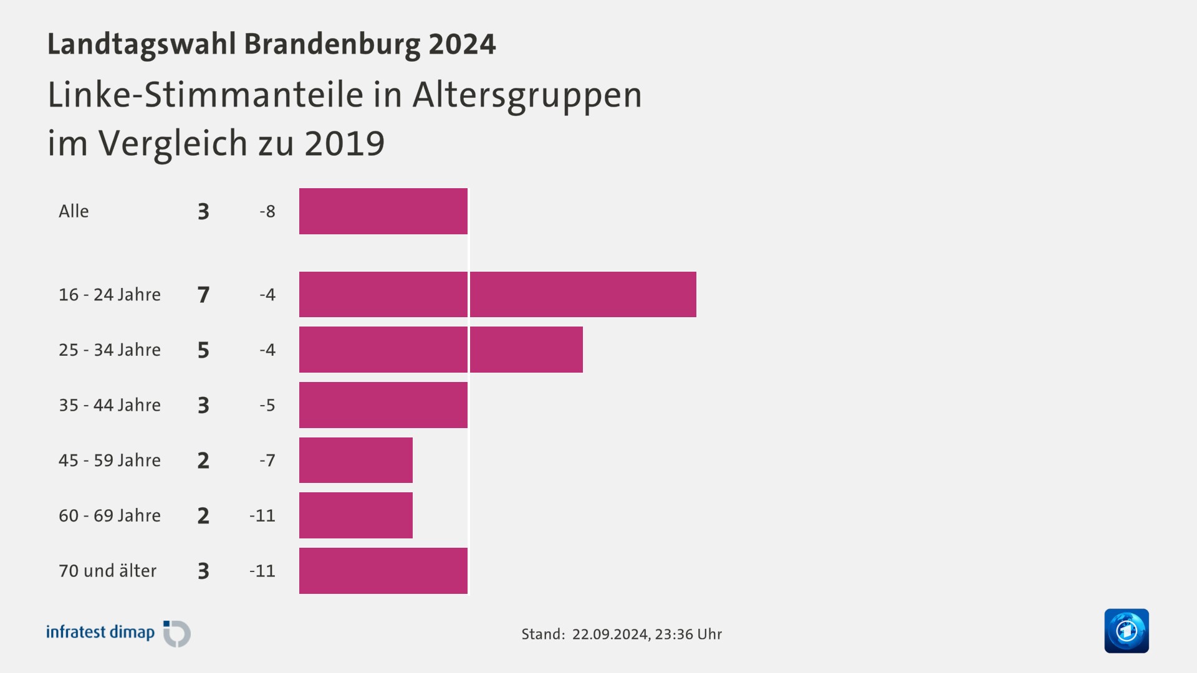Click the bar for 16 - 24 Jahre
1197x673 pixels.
click(x=498, y=294)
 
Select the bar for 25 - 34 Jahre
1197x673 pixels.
click(x=441, y=350)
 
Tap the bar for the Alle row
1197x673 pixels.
click(x=383, y=211)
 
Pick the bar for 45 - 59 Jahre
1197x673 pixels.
click(x=355, y=460)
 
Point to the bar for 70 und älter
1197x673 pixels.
click(x=383, y=571)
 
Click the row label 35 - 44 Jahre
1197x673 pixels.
click(x=110, y=405)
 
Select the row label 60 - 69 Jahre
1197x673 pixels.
click(x=110, y=515)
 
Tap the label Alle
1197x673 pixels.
click(x=74, y=211)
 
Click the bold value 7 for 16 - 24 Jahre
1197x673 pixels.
click(x=203, y=294)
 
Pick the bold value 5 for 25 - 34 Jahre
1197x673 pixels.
click(x=203, y=350)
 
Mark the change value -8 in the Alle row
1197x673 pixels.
click(x=267, y=211)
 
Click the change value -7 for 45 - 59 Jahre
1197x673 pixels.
click(x=267, y=460)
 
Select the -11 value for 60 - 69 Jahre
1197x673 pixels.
click(x=262, y=515)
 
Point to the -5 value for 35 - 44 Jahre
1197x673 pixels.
click(x=267, y=405)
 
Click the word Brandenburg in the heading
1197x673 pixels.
click(x=332, y=44)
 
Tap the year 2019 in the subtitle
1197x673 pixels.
click(x=344, y=143)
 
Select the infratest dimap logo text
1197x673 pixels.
click(x=100, y=632)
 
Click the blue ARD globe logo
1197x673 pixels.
click(x=1126, y=631)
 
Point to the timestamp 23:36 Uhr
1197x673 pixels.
click(x=688, y=634)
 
